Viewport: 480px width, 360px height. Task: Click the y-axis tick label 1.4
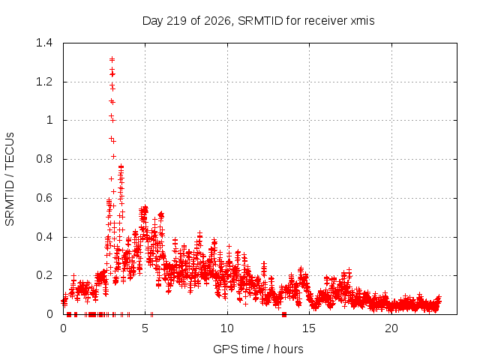tap(44, 43)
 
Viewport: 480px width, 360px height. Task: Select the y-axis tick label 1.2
tap(44, 82)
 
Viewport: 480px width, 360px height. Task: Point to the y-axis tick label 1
tap(49, 120)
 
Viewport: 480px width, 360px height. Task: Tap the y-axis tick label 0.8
tap(44, 159)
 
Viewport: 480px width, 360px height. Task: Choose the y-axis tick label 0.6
tap(44, 198)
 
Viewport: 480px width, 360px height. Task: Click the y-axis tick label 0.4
tap(44, 237)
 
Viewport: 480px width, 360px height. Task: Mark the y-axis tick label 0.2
tap(44, 275)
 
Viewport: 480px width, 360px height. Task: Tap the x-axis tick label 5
tap(145, 328)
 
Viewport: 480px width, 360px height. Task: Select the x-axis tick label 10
tap(227, 328)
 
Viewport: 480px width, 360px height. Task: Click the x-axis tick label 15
tap(309, 328)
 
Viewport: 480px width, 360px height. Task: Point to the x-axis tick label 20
tap(391, 328)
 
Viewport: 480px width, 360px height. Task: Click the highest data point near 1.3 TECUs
tap(112, 59)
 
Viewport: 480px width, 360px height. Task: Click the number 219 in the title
tap(176, 21)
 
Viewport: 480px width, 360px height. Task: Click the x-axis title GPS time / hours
tap(258, 349)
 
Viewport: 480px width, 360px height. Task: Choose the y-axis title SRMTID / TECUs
tap(10, 179)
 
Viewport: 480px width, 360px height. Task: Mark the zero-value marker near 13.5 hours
tap(284, 314)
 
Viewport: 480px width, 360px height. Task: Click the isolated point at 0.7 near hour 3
tap(112, 178)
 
